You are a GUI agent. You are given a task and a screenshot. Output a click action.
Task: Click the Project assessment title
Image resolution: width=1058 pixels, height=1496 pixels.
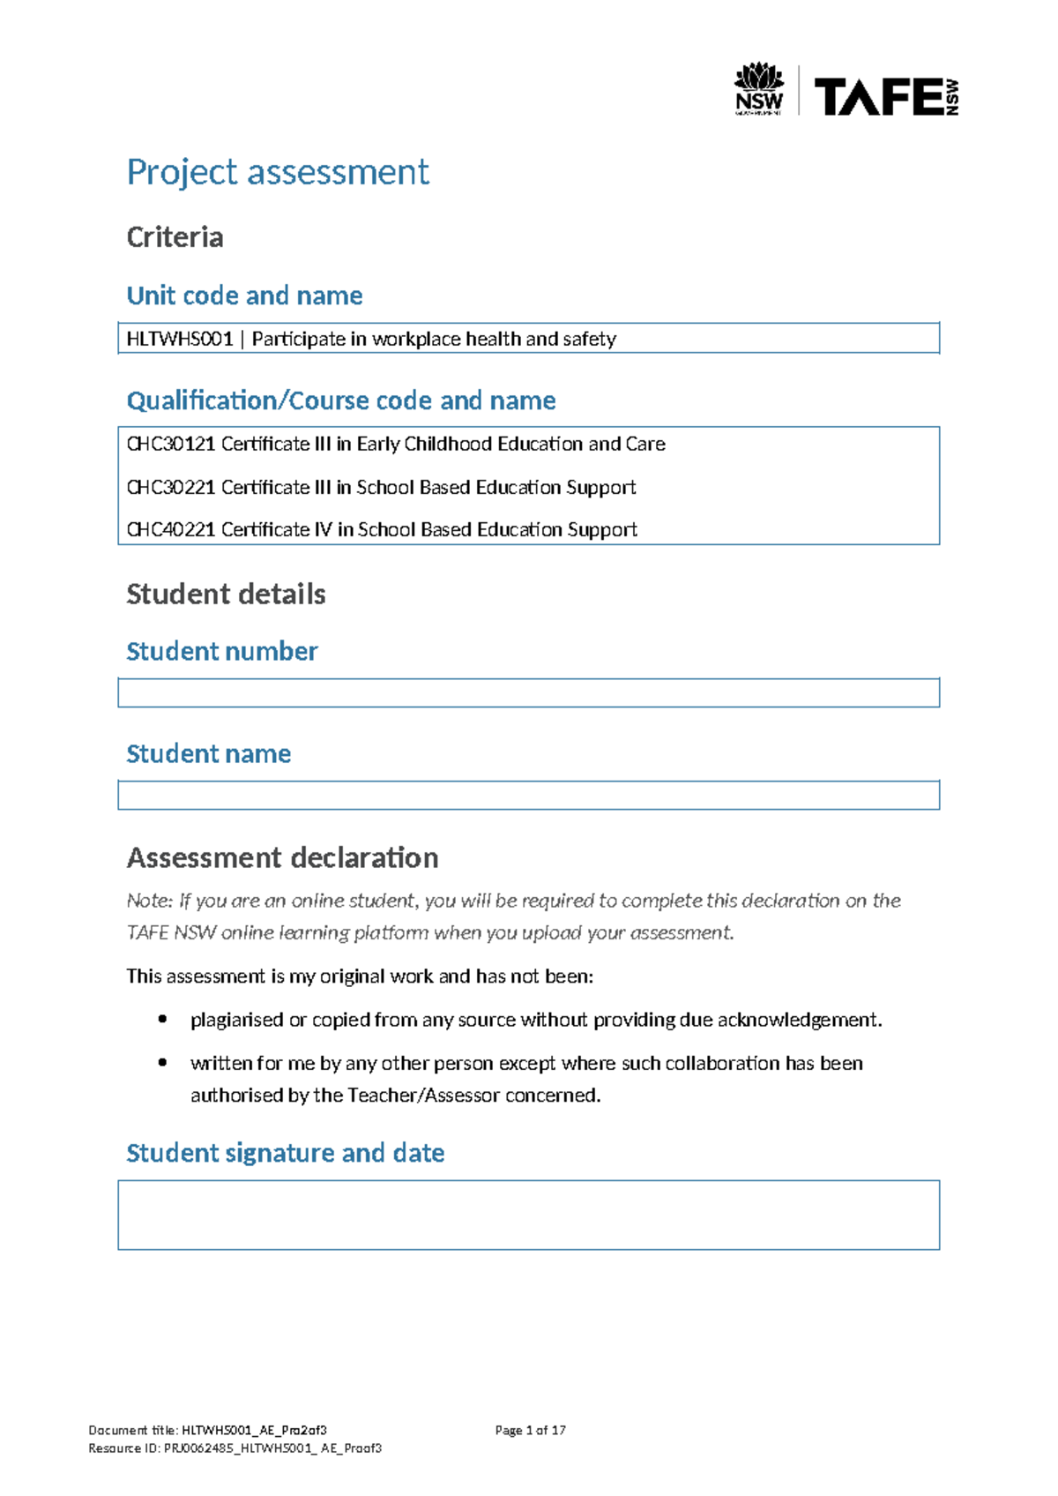(278, 172)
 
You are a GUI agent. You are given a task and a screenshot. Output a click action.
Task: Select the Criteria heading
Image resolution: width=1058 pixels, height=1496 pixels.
(175, 237)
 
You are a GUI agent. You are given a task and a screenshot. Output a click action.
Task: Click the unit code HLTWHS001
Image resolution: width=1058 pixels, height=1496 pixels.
(180, 339)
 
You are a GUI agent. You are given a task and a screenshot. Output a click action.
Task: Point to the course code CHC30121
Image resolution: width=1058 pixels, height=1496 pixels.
(171, 444)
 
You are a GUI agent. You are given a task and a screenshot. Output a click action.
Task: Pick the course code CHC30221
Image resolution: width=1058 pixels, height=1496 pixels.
(171, 487)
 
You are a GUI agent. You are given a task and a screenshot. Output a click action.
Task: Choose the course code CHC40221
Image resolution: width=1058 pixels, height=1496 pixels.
(171, 529)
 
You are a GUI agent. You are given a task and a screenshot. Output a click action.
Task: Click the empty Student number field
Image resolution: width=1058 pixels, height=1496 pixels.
(528, 692)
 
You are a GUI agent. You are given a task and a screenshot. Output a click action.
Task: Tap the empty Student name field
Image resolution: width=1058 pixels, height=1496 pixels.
(528, 795)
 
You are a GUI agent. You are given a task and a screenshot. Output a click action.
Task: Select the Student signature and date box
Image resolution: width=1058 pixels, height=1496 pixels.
(528, 1215)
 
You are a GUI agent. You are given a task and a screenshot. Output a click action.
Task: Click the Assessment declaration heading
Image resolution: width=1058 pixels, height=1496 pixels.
(282, 857)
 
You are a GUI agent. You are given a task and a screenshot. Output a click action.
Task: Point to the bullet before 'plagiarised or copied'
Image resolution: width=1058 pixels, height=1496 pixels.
(162, 1020)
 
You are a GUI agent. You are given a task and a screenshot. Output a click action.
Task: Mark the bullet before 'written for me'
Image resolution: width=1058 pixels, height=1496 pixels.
(162, 1063)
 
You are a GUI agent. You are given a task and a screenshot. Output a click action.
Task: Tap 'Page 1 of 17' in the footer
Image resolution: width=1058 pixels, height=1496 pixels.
(530, 1431)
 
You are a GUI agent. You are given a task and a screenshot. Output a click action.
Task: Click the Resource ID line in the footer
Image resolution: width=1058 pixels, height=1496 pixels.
(235, 1448)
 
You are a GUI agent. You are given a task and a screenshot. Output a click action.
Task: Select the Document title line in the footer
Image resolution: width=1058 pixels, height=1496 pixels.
(207, 1431)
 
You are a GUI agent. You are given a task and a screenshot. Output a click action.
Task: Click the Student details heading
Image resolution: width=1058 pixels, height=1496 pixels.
(226, 595)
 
